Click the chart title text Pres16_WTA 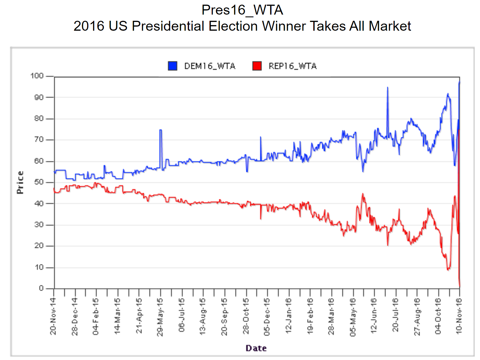[242, 10]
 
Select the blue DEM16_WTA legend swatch [172, 66]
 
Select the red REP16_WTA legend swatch [257, 66]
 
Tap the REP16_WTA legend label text [292, 66]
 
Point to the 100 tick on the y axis [37, 76]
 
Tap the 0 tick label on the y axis [41, 288]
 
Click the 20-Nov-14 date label [53, 316]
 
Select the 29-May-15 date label [160, 316]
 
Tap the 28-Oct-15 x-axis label [246, 316]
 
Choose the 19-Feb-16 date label [310, 316]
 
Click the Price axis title [20, 182]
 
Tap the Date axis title [256, 348]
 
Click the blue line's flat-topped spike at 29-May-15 [161, 130]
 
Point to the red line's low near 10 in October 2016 [448, 269]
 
